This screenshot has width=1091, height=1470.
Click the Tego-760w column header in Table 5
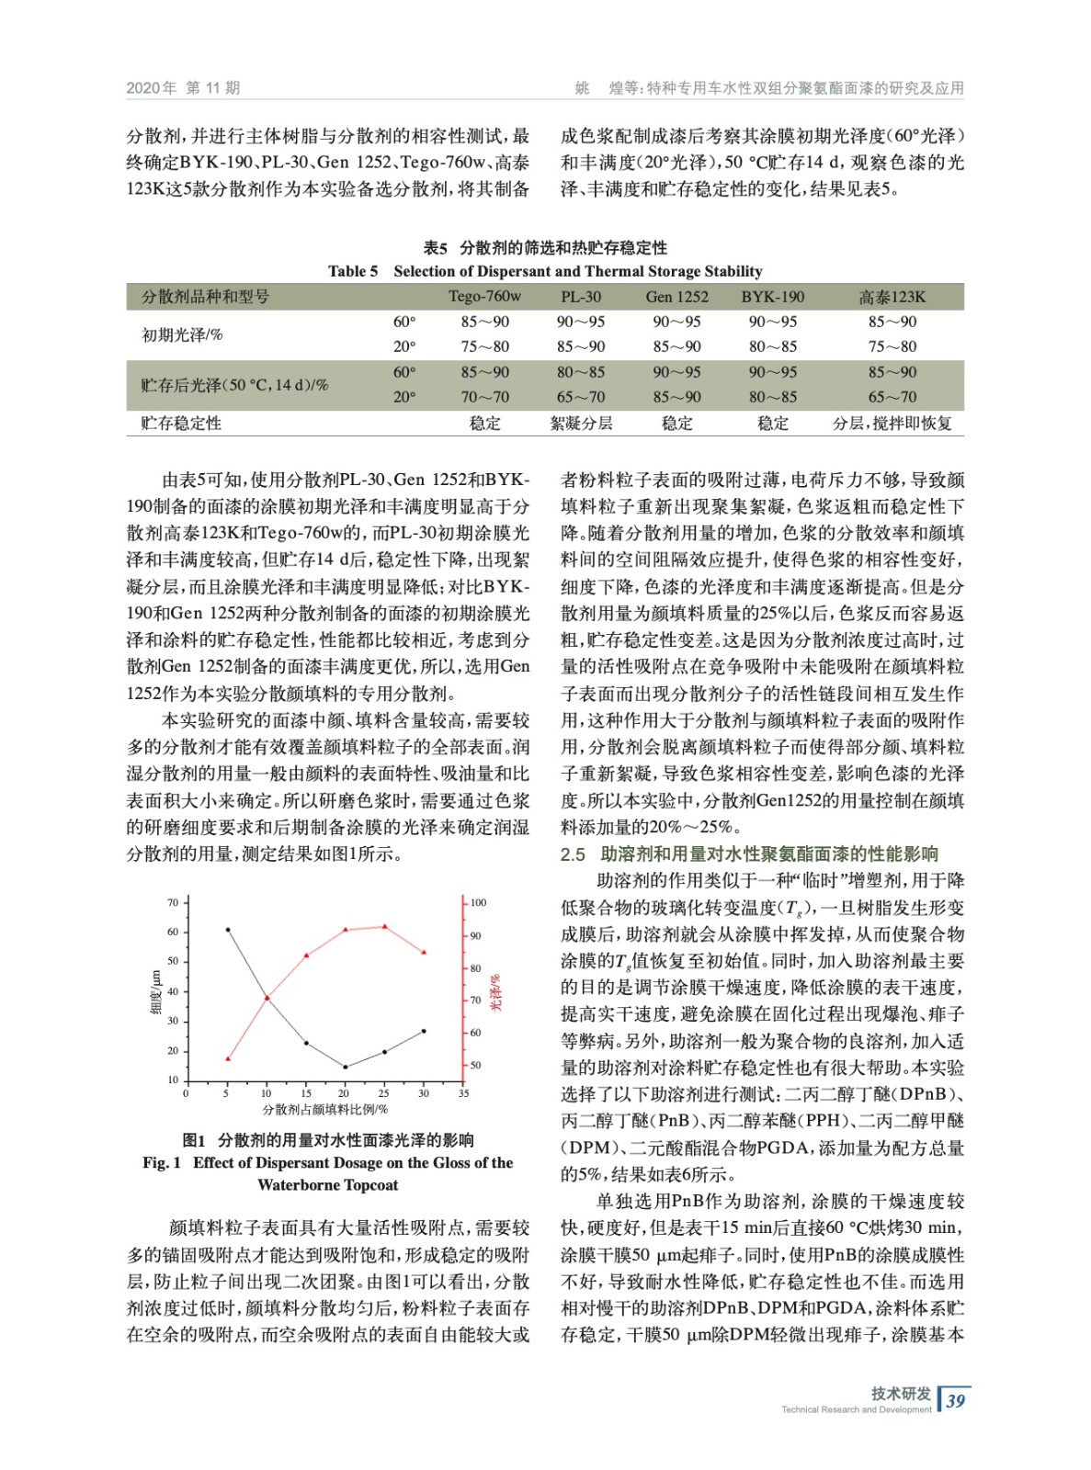pyautogui.click(x=484, y=297)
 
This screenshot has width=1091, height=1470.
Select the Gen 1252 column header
pyautogui.click(x=676, y=297)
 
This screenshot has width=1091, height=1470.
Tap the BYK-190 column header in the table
pyautogui.click(x=772, y=297)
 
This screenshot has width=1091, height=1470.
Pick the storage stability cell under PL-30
pyautogui.click(x=581, y=423)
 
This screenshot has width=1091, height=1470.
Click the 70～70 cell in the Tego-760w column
pyautogui.click(x=484, y=397)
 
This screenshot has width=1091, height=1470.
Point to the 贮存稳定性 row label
pyautogui.click(x=181, y=423)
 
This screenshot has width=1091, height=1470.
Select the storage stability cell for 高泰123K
pyautogui.click(x=892, y=423)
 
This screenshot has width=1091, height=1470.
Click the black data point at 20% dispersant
pyautogui.click(x=346, y=1067)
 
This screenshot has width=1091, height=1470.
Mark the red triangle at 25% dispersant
pyautogui.click(x=384, y=926)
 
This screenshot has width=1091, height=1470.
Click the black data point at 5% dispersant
pyautogui.click(x=228, y=930)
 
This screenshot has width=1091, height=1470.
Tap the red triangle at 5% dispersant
pyautogui.click(x=228, y=1058)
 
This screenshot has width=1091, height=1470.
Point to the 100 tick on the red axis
pyautogui.click(x=478, y=902)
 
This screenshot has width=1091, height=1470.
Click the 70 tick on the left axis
pyautogui.click(x=173, y=902)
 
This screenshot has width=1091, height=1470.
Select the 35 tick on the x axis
pyautogui.click(x=463, y=1093)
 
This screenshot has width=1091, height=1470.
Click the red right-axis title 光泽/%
pyautogui.click(x=495, y=992)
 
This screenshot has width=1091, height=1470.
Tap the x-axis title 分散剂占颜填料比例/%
pyautogui.click(x=324, y=1110)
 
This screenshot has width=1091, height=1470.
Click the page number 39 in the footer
pyautogui.click(x=956, y=1400)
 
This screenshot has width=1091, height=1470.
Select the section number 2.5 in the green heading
pyautogui.click(x=573, y=854)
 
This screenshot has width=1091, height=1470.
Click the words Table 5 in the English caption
pyautogui.click(x=353, y=271)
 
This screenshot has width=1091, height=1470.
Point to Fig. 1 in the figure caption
pyautogui.click(x=162, y=1162)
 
